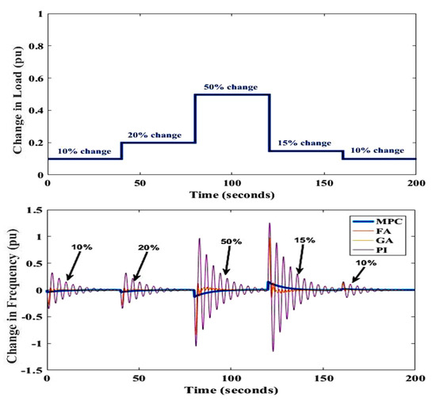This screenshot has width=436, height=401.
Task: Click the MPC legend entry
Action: tap(392, 223)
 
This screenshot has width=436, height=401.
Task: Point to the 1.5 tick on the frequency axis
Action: tap(33, 210)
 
